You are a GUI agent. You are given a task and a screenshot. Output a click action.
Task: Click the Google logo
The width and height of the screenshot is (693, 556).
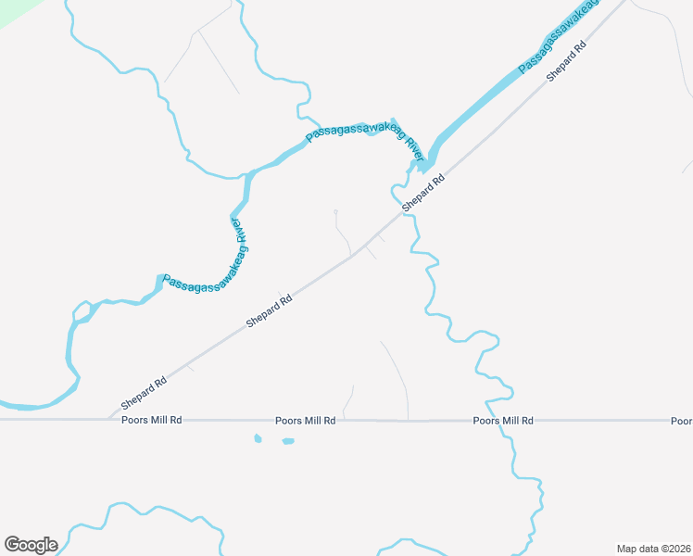point(31,545)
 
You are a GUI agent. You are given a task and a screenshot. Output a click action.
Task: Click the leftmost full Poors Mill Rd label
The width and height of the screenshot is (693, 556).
point(151,420)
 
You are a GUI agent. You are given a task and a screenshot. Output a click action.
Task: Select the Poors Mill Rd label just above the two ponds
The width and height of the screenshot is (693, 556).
point(305,421)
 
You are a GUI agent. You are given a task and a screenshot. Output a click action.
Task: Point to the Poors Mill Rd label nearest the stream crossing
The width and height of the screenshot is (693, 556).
point(503,421)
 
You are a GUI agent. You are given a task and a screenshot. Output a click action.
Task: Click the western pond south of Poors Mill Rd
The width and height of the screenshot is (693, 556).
point(258,438)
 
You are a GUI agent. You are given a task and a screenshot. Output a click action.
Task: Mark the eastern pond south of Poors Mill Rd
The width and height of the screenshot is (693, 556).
point(287,441)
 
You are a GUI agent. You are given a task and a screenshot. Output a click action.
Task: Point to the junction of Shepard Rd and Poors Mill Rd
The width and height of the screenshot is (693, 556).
point(108,420)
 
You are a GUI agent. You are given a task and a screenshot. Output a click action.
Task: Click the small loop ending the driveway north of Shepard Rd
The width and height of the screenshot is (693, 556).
point(335,212)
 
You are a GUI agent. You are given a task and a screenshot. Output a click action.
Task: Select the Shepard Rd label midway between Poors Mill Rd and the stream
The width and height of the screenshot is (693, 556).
point(270,311)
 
